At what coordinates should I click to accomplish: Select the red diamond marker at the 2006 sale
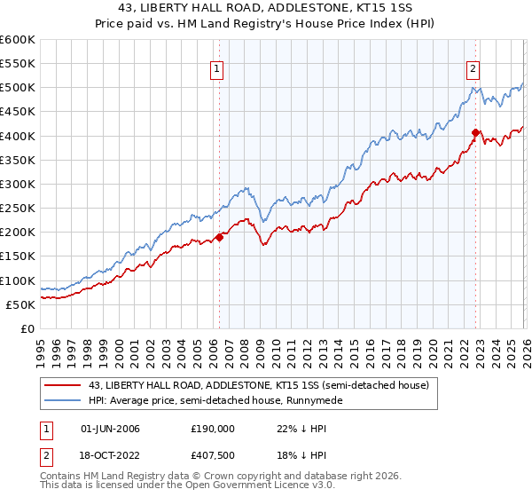[x=219, y=237]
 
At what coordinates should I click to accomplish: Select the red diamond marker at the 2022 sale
[x=475, y=133]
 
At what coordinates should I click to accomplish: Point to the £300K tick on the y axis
[x=20, y=185]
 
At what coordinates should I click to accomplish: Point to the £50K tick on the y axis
[x=22, y=304]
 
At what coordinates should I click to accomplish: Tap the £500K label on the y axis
[x=20, y=88]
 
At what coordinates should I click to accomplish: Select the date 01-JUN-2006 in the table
[x=110, y=428]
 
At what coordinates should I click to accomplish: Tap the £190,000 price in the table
[x=212, y=428]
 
